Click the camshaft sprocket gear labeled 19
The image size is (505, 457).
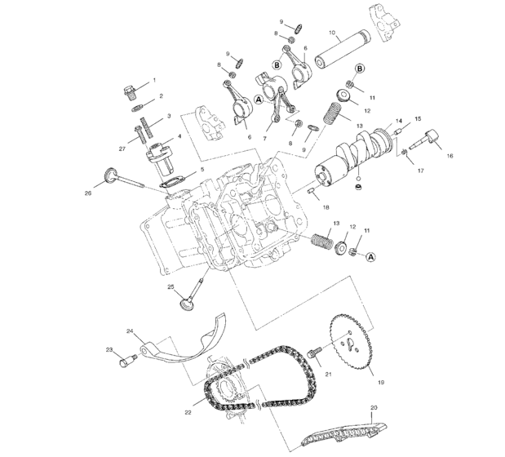click(x=350, y=342)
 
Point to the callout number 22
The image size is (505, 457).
click(x=187, y=413)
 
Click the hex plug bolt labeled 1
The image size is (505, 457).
click(x=130, y=89)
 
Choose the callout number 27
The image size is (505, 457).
click(x=122, y=149)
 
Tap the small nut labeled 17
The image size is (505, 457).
click(x=403, y=153)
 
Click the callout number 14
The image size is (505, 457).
click(x=398, y=122)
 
